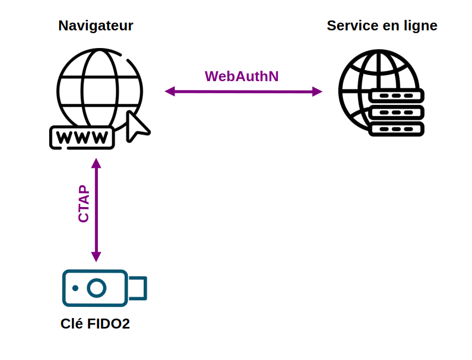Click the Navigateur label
pyautogui.click(x=96, y=26)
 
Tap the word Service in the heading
pyautogui.click(x=353, y=25)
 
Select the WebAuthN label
pyautogui.click(x=242, y=76)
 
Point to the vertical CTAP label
pyautogui.click(x=83, y=204)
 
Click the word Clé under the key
pyautogui.click(x=72, y=324)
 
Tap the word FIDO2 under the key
pyautogui.click(x=108, y=324)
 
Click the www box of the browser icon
pyautogui.click(x=82, y=137)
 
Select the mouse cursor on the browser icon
pyautogui.click(x=137, y=126)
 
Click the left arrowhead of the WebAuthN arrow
pyautogui.click(x=170, y=91)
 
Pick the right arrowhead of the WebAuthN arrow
pyautogui.click(x=317, y=92)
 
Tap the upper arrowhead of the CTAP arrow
pyautogui.click(x=96, y=163)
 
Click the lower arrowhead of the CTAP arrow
pyautogui.click(x=96, y=257)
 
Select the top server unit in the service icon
pyautogui.click(x=396, y=96)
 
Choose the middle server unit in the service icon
pyautogui.click(x=396, y=113)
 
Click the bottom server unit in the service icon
pyautogui.click(x=396, y=129)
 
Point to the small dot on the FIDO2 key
pyautogui.click(x=75, y=288)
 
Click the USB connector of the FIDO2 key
pyautogui.click(x=138, y=288)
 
